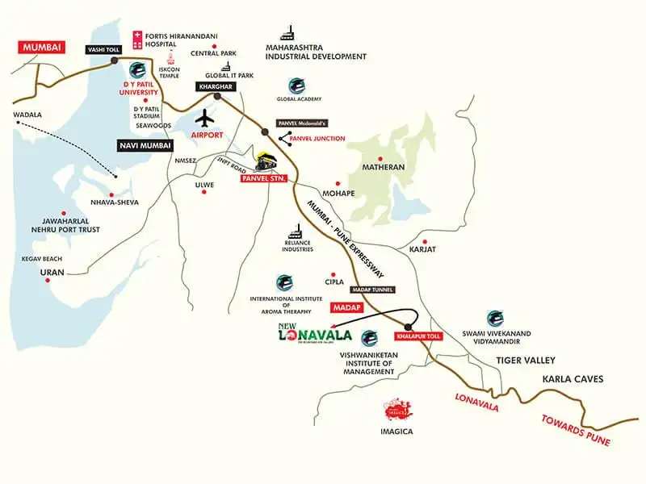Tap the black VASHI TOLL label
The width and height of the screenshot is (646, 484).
[x=103, y=50]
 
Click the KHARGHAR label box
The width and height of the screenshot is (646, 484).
[x=212, y=86]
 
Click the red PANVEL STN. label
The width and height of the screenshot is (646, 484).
[x=265, y=177]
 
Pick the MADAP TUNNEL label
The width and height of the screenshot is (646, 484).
[x=372, y=289]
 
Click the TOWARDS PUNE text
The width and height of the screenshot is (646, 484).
[x=577, y=428]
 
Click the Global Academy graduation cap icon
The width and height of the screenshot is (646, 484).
[x=296, y=86]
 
